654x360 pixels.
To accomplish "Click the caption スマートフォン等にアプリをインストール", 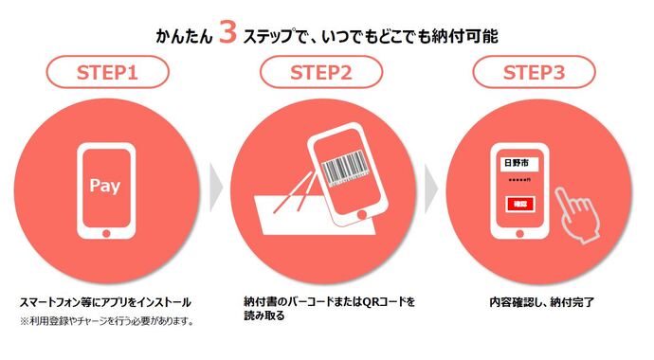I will coord(105,302).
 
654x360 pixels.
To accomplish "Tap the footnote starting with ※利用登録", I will coord(106,321).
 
